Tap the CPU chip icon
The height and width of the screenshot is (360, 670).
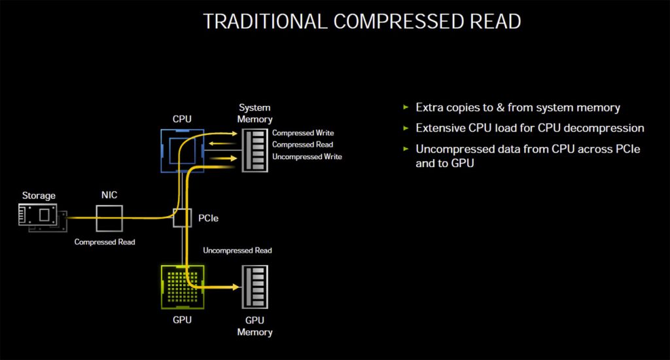coord(183,151)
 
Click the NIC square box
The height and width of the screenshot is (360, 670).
coord(109,217)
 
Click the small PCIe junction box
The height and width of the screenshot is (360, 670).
coord(183,217)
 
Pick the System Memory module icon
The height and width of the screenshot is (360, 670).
coord(255,151)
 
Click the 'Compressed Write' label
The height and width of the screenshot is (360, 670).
coord(303,133)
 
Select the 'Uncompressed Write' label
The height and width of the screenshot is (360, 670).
coord(307,156)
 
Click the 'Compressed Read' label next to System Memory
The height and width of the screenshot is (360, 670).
coord(302,145)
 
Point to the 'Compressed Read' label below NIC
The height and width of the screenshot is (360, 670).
coord(105,242)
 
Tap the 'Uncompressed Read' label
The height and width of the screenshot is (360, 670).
coord(238,250)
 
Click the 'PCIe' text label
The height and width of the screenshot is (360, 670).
coord(208,217)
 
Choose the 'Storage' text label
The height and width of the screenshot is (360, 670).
coord(39,195)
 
